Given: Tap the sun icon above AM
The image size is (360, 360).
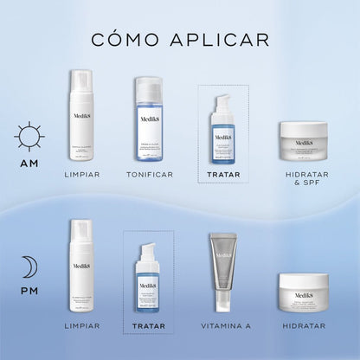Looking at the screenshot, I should click(29, 136).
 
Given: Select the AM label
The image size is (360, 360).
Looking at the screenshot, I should click(29, 162).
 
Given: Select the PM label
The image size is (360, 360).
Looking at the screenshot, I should click(29, 292).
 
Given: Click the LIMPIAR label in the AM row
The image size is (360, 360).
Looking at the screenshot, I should click(81, 174).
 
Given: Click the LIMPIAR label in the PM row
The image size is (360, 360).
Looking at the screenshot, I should click(81, 326).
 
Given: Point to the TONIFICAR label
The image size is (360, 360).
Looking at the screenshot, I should click(149, 174).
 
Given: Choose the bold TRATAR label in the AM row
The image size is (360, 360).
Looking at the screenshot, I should click(223, 174).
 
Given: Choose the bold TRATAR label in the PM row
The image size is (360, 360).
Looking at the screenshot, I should click(149, 326).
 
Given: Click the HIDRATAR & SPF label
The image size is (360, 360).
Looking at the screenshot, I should click(303, 179).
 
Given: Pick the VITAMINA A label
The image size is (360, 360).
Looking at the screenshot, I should click(223, 326).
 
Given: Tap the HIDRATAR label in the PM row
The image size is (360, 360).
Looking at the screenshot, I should click(303, 326).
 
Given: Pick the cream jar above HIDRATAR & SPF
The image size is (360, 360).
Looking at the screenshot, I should click(303, 138).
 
